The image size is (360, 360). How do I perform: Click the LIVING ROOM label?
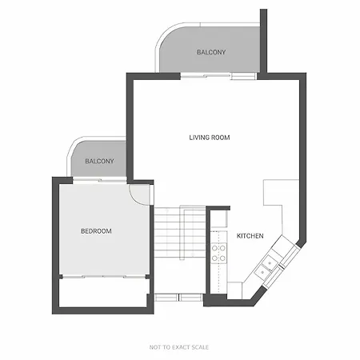pos(210,138)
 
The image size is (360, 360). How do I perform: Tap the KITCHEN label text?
pos(250,236)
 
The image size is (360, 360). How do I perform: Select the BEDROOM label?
pos(96,231)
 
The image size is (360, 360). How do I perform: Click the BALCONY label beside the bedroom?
pos(99,161)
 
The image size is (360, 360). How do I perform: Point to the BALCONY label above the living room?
pos(211,52)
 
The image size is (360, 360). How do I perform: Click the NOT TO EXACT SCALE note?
pos(179,347)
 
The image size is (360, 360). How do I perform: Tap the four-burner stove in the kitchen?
pos(218,253)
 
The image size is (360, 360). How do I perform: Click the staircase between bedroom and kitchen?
pos(179,232)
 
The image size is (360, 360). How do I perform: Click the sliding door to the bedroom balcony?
pos(99,181)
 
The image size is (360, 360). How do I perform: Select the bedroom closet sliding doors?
pos(104,277)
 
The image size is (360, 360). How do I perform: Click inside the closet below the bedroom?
pos(102,293)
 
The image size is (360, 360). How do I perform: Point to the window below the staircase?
pos(178,297)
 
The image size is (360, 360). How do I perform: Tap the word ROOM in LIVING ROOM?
pos(220,138)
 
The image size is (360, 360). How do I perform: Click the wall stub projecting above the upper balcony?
pos(263,41)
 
